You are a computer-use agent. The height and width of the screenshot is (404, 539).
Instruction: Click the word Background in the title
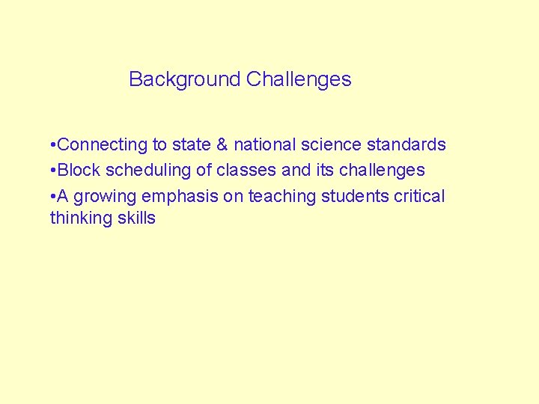click(x=184, y=79)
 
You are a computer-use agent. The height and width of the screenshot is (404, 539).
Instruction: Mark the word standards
click(x=406, y=144)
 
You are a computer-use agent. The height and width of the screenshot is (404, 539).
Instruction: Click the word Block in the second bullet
click(x=79, y=170)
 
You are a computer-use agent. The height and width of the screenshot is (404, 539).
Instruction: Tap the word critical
click(x=418, y=196)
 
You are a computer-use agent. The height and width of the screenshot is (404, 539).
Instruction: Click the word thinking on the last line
click(x=80, y=218)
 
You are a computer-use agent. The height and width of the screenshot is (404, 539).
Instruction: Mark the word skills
click(x=135, y=218)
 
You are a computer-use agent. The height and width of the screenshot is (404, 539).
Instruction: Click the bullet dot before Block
click(x=52, y=171)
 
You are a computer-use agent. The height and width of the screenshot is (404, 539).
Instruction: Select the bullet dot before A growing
click(x=52, y=197)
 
